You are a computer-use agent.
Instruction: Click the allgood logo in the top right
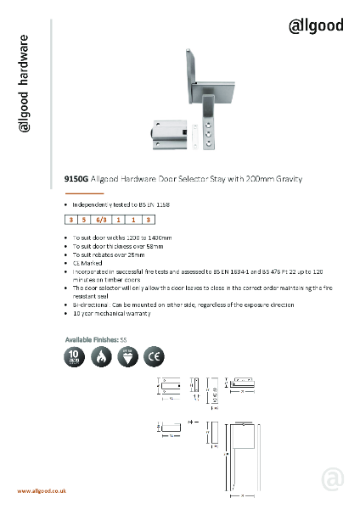tap(317, 25)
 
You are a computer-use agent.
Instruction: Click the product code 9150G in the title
tap(76, 180)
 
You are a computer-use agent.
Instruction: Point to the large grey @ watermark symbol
tap(333, 480)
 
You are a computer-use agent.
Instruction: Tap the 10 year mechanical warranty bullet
tap(111, 313)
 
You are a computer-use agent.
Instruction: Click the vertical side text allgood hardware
tap(25, 84)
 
